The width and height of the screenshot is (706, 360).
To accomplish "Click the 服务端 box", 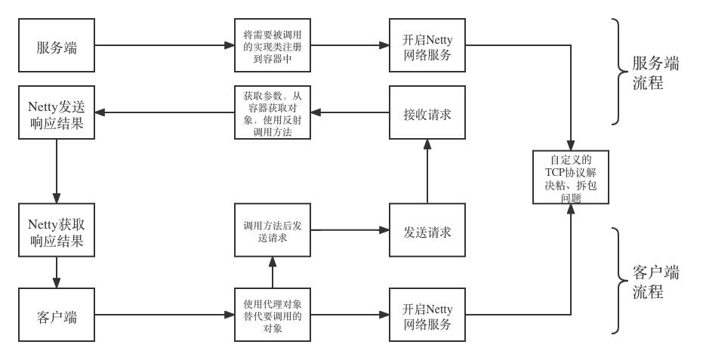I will (57, 45).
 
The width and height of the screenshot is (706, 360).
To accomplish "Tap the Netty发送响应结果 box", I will (57, 112).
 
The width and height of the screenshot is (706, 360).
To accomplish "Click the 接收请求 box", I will (427, 112).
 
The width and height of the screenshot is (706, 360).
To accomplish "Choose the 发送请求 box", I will (427, 231).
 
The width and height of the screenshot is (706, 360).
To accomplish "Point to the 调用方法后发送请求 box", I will (273, 231).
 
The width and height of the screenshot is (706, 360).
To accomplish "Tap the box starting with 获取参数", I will (273, 112).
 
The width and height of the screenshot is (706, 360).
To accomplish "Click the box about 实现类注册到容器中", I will (273, 45).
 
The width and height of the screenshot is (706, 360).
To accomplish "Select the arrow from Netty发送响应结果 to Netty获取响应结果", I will (57, 169).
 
